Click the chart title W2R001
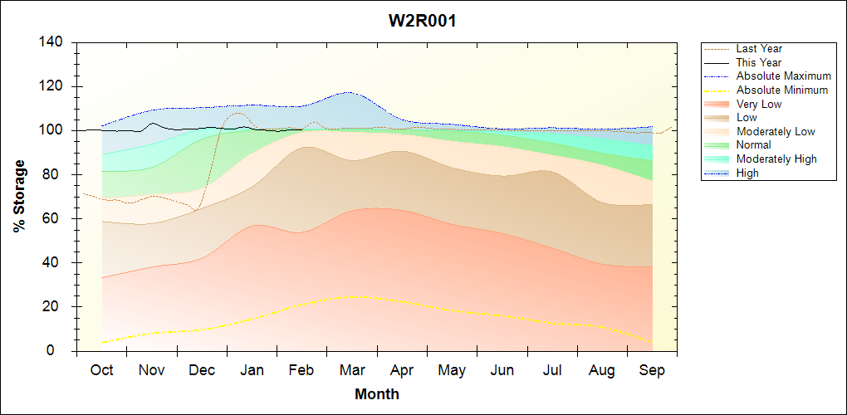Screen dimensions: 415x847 423,21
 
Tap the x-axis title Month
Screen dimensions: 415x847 377,394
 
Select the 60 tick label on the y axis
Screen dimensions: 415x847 56,219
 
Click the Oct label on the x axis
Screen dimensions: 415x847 101,370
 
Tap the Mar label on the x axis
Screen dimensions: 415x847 351,370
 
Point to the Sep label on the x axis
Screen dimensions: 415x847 652,370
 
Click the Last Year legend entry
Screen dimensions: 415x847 759,49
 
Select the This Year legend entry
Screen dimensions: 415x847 759,62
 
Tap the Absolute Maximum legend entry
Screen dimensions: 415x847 783,76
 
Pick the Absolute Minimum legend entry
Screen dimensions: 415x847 782,90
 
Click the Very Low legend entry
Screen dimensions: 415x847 759,104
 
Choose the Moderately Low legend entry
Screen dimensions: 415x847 776,131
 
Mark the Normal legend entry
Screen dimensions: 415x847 753,144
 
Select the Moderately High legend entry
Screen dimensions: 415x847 776,159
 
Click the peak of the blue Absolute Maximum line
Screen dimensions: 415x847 348,92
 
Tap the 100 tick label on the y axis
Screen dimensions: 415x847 51,130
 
